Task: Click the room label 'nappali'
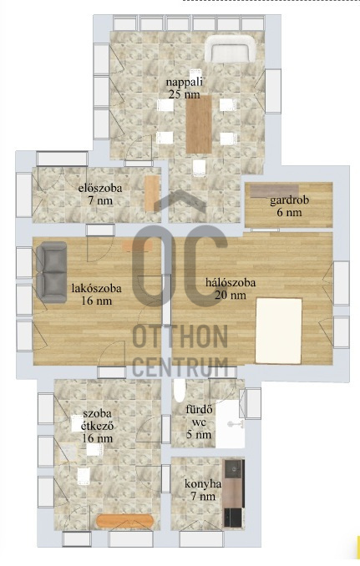pos(184,82)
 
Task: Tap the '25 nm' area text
pos(184,94)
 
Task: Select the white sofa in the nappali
pos(231,49)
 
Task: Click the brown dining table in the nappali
pos(199,124)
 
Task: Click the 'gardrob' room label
pos(290,200)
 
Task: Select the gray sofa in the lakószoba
pos(51,272)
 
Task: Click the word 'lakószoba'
pos(96,288)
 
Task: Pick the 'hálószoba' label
pos(231,282)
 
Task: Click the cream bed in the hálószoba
pos(278,331)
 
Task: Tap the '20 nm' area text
pos(231,295)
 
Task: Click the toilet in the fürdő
pos(180,390)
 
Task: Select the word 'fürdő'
pos(199,410)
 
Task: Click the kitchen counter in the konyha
pos(233,493)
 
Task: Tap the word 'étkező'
pos(97,426)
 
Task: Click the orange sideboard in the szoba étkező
pos(125,521)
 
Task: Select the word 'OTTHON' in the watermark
pos(180,336)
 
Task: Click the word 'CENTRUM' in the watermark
pos(180,366)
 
